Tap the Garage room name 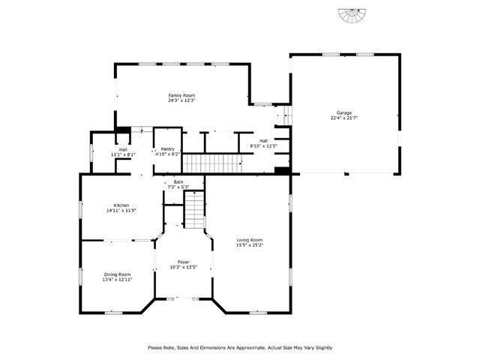pos(343,112)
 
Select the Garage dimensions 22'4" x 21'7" pos(343,118)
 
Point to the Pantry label pos(167,148)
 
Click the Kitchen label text pos(121,205)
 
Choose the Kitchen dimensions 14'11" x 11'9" pos(121,211)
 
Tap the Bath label pos(178,181)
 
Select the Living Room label pos(249,239)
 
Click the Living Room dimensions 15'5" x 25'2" pos(249,244)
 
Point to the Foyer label pos(184,262)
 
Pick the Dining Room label pos(117,274)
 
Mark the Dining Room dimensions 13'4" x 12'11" pos(117,279)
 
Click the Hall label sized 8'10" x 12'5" pos(264,140)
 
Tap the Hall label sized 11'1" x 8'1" pos(122,148)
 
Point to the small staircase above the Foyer pos(194,209)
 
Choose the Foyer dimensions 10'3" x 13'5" pos(184,267)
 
